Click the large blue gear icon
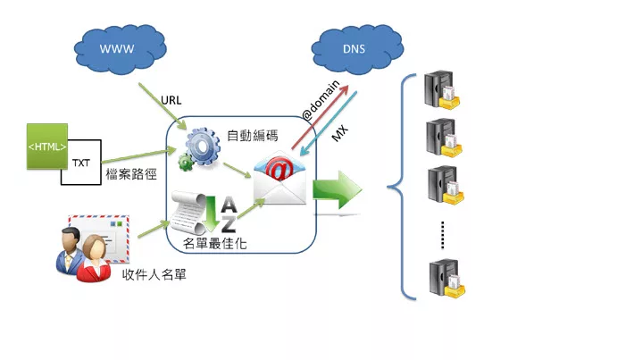[201, 144]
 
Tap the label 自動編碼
[252, 136]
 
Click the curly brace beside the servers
[400, 188]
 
